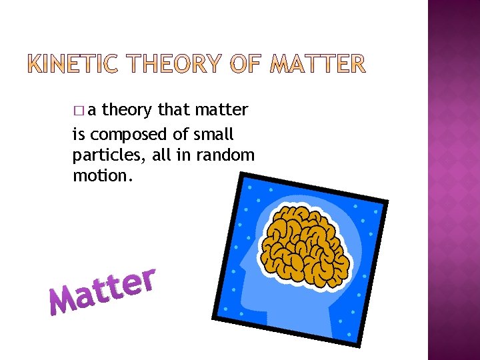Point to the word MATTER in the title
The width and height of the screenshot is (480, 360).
coord(319,64)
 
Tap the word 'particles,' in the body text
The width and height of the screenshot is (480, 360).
coord(102,156)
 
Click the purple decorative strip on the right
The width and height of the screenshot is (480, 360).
coord(453,180)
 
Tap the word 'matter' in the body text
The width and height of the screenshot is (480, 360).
coord(223,109)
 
